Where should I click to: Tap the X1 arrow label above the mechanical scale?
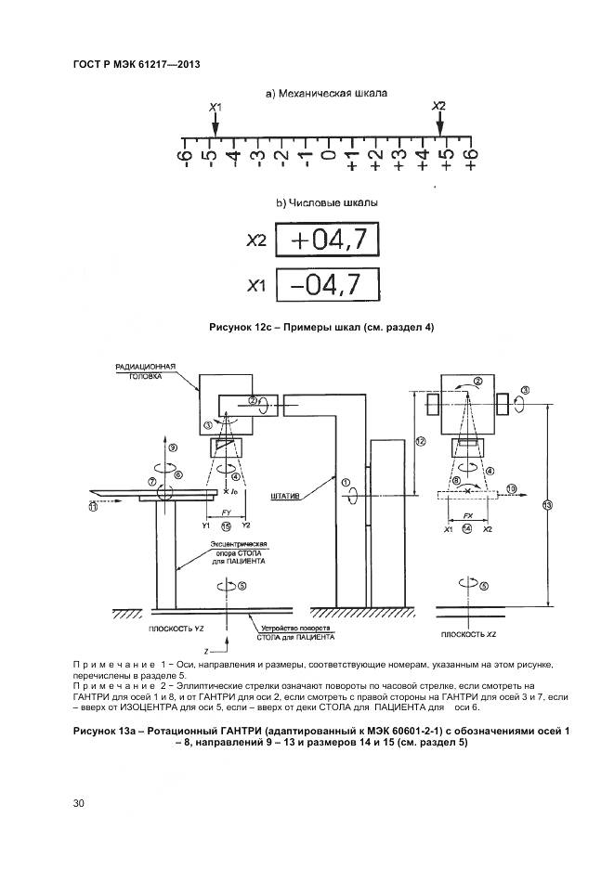tap(215, 110)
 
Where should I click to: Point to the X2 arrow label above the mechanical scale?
tap(439, 108)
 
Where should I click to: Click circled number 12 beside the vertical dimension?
tap(420, 442)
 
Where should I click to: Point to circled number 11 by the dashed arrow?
tap(93, 507)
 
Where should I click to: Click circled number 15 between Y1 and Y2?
tap(226, 526)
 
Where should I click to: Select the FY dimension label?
tap(225, 512)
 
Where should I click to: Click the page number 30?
tap(79, 803)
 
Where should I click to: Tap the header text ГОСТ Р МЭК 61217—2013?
tap(137, 64)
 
